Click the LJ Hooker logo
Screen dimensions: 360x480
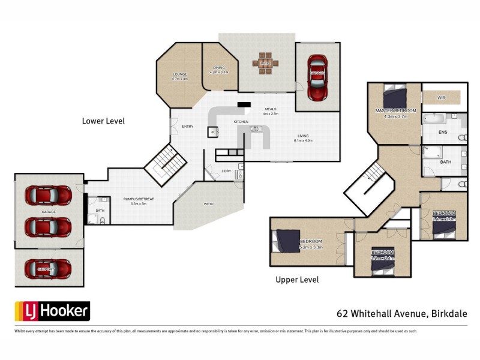52,311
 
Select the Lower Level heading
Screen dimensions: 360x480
103,121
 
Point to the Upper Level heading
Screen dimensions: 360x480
297,280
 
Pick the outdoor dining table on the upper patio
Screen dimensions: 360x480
266,63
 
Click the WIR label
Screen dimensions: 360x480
442,97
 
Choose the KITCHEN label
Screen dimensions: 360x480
241,122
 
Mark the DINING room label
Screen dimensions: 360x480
217,69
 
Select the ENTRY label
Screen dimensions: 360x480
188,126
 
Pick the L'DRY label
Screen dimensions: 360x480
226,172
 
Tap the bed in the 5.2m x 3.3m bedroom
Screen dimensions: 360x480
283,242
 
